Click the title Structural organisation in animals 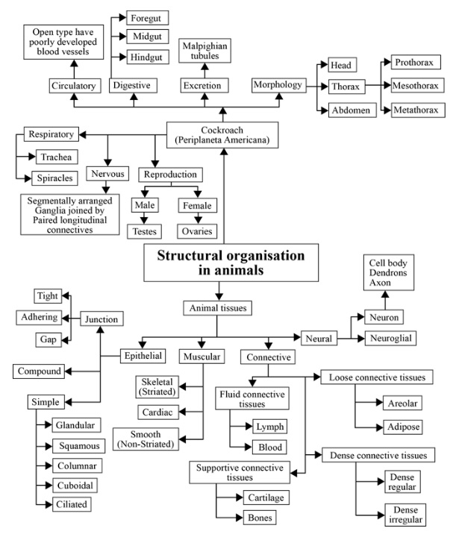click(x=231, y=263)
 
